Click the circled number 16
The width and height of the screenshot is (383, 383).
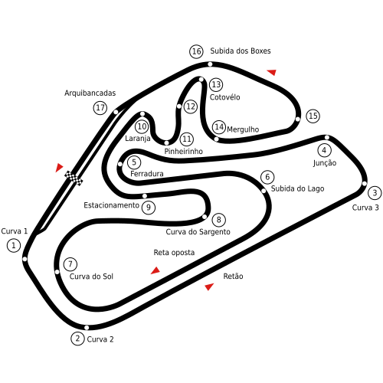pyautogui.click(x=196, y=51)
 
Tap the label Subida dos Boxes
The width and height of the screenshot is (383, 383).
pyautogui.click(x=241, y=51)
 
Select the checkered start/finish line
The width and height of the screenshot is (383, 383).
pyautogui.click(x=74, y=178)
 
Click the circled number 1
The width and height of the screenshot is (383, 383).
pyautogui.click(x=14, y=245)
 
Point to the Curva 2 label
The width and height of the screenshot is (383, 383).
pyautogui.click(x=100, y=339)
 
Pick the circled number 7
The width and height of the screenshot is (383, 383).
pyautogui.click(x=70, y=264)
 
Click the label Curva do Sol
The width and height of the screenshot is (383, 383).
pyautogui.click(x=91, y=277)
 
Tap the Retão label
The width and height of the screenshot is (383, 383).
pyautogui.click(x=233, y=276)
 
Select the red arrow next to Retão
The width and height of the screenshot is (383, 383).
pyautogui.click(x=209, y=286)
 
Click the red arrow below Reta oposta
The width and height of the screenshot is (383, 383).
pyautogui.click(x=155, y=270)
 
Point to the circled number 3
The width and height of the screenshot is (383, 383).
pyautogui.click(x=375, y=193)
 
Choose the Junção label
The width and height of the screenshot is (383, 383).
pyautogui.click(x=325, y=163)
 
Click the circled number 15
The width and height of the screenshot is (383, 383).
pyautogui.click(x=313, y=116)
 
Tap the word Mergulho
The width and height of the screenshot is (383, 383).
pyautogui.click(x=243, y=129)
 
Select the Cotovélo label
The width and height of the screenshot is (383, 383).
pyautogui.click(x=224, y=97)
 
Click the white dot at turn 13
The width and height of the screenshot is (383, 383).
pyautogui.click(x=201, y=80)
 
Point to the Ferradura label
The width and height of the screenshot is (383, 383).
pyautogui.click(x=147, y=174)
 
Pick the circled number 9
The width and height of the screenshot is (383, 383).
pyautogui.click(x=149, y=208)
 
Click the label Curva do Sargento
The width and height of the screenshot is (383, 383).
pyautogui.click(x=198, y=231)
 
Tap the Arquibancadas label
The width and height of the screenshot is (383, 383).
pyautogui.click(x=90, y=93)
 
